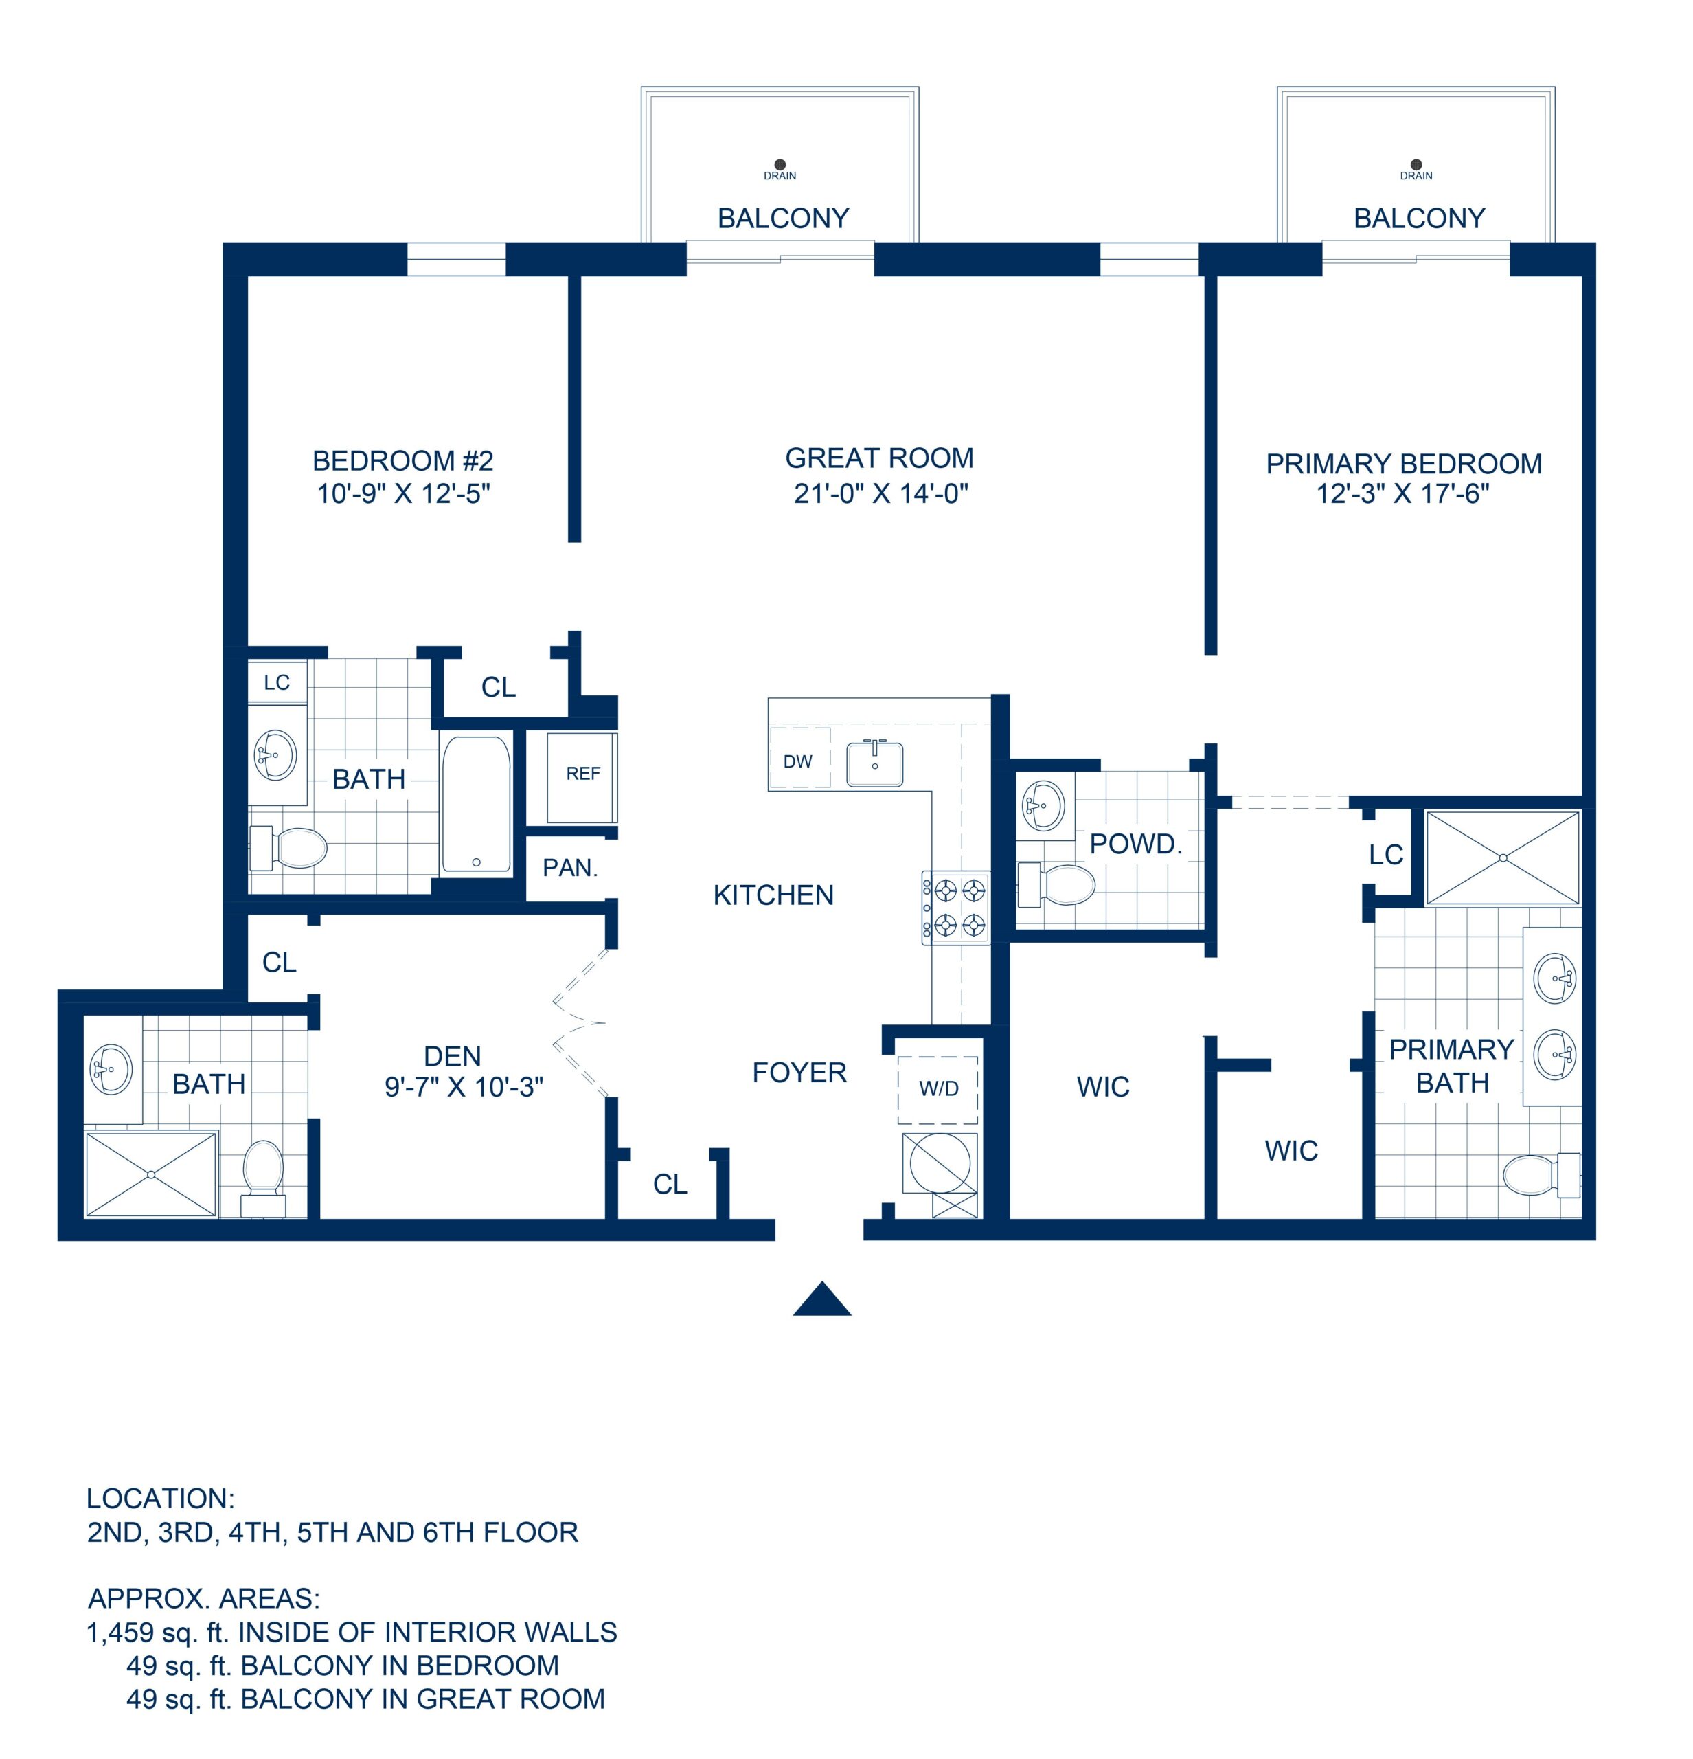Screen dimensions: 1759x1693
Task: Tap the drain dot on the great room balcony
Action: tap(780, 164)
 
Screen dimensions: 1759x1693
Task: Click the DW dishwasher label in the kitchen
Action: tap(797, 762)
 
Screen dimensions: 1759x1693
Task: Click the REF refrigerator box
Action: tap(582, 774)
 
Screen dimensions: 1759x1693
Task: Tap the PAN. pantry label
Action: tap(570, 868)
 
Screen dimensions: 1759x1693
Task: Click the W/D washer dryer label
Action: tap(938, 1088)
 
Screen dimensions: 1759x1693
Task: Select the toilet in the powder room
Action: tap(1058, 885)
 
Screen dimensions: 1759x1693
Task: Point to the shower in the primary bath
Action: tap(1502, 858)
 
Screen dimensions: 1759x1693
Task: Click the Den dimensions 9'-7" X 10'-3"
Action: tap(464, 1087)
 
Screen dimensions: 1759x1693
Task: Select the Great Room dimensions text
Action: tap(880, 493)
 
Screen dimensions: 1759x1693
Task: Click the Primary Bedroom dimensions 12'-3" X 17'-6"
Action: tap(1402, 493)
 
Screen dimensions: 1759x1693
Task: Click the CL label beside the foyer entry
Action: tap(670, 1185)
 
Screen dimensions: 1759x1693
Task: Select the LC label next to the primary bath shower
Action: tap(1385, 855)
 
